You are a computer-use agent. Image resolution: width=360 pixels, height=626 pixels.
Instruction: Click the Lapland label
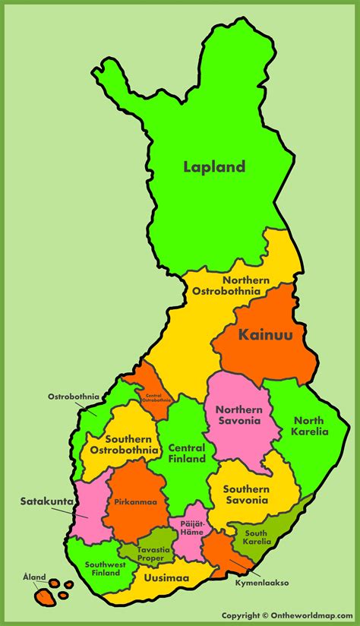point(214,166)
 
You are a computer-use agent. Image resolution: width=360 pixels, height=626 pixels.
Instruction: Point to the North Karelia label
point(308,426)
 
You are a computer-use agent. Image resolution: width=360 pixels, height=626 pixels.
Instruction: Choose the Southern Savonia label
point(245,495)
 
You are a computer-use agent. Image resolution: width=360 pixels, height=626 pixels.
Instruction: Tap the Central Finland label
point(187,454)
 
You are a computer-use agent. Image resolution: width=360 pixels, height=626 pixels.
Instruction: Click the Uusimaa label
point(161,578)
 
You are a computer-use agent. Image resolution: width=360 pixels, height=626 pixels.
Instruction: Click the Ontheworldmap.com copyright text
point(289,615)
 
